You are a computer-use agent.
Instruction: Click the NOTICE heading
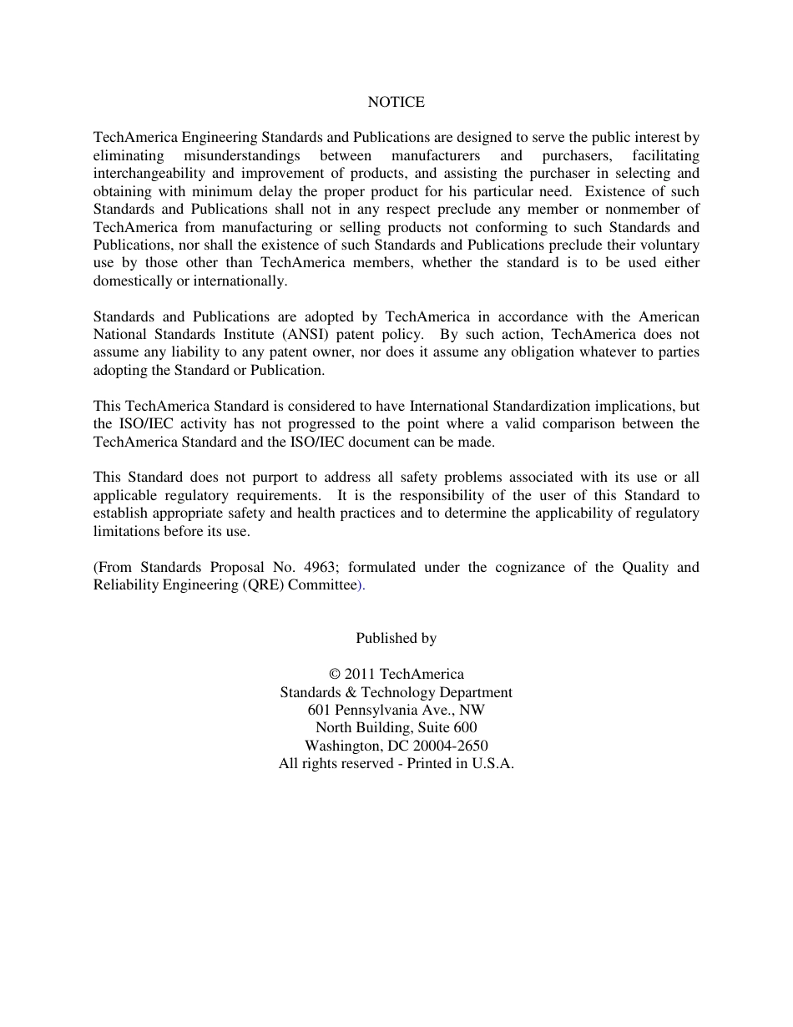(x=396, y=102)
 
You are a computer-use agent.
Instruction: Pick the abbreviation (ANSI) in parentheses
(x=309, y=335)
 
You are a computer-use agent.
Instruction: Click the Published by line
(x=396, y=639)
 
